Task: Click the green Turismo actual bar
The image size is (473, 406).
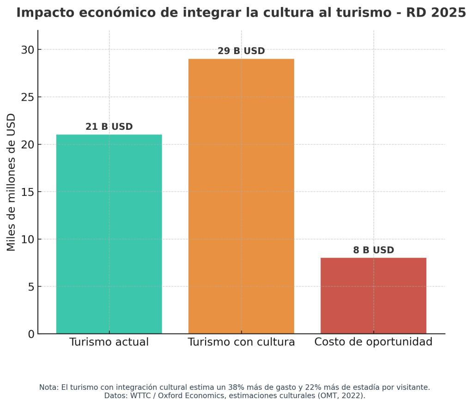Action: [x=109, y=234]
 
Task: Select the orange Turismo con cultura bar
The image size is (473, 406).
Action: [x=241, y=196]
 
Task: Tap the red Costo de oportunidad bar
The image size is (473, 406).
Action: [x=373, y=296]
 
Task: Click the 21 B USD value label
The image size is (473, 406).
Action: [x=109, y=127]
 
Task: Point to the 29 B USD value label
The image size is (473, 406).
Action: [x=241, y=51]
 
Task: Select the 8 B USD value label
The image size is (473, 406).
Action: [x=373, y=250]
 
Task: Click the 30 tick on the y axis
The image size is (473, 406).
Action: [x=27, y=50]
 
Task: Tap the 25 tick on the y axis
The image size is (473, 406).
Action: [x=27, y=97]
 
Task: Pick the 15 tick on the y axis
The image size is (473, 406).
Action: [x=27, y=192]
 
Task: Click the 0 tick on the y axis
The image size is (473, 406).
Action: [x=31, y=334]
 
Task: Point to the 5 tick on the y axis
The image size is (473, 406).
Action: [x=31, y=287]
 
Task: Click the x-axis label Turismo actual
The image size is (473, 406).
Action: [x=109, y=342]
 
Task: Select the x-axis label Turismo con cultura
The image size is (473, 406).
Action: [x=241, y=342]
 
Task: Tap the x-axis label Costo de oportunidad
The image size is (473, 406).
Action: [x=373, y=342]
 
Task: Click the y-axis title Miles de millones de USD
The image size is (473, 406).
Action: [x=12, y=182]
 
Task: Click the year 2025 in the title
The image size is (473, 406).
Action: [x=449, y=13]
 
